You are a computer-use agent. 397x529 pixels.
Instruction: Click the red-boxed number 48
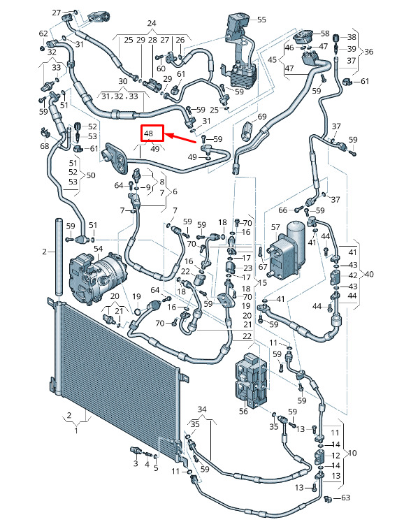pyautogui.click(x=148, y=133)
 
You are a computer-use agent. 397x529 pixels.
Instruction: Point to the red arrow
pyautogui.click(x=182, y=138)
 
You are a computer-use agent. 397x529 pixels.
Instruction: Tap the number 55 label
pyautogui.click(x=261, y=20)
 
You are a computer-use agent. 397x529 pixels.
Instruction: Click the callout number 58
pyautogui.click(x=325, y=34)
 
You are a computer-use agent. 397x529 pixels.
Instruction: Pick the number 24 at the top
pyautogui.click(x=152, y=23)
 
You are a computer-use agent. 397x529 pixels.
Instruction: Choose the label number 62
pyautogui.click(x=43, y=34)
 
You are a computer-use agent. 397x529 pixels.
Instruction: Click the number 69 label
pyautogui.click(x=262, y=117)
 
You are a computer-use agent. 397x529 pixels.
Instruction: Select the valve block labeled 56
pyautogui.click(x=252, y=379)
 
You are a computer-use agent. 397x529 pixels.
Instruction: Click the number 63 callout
pyautogui.click(x=346, y=498)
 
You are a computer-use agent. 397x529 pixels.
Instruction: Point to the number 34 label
pyautogui.click(x=202, y=410)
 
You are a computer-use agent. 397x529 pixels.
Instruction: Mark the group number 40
pyautogui.click(x=369, y=275)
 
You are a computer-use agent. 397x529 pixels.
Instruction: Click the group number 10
pyautogui.click(x=352, y=453)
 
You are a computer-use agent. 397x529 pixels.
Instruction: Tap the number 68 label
pyautogui.click(x=45, y=146)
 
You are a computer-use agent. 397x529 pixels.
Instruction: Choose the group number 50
pyautogui.click(x=91, y=175)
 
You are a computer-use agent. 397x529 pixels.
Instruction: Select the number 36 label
pyautogui.click(x=368, y=52)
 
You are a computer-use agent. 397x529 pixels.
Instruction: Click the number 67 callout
pyautogui.click(x=263, y=266)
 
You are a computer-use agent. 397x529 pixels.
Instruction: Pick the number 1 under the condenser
pyautogui.click(x=76, y=430)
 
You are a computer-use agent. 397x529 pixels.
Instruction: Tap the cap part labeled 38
pyautogui.click(x=336, y=38)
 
